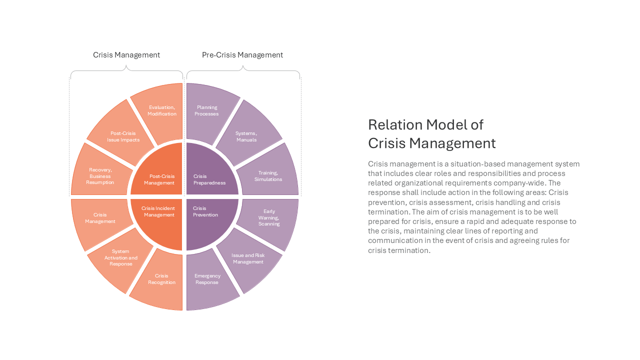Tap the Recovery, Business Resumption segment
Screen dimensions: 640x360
100,174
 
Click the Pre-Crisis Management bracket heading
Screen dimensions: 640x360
242,55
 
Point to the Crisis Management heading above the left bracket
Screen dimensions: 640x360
126,55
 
